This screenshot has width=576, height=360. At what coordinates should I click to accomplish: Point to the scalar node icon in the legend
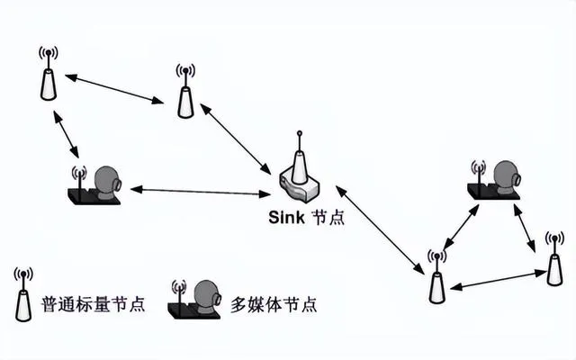tap(23, 297)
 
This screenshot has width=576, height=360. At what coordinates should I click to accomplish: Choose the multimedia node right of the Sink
tap(495, 178)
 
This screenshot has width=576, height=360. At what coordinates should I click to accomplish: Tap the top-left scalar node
tap(48, 76)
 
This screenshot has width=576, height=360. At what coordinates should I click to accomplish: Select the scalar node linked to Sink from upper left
tap(184, 94)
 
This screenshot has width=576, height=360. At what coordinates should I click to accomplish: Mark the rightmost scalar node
tap(554, 262)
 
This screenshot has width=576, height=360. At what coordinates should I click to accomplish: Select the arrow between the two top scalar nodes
tap(115, 87)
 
